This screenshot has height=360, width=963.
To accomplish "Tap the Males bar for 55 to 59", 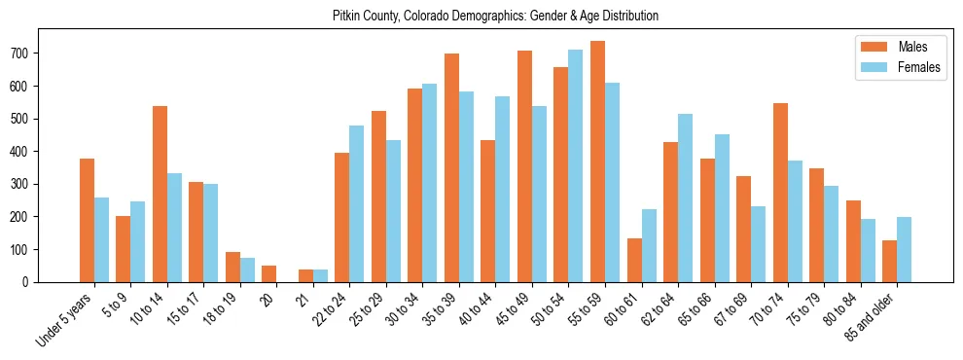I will point(597,162).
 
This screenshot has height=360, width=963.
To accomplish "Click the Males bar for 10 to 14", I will point(160,195).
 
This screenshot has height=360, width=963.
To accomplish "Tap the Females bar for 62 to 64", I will point(685,198).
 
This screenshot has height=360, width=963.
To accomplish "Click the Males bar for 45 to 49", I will point(524,166).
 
